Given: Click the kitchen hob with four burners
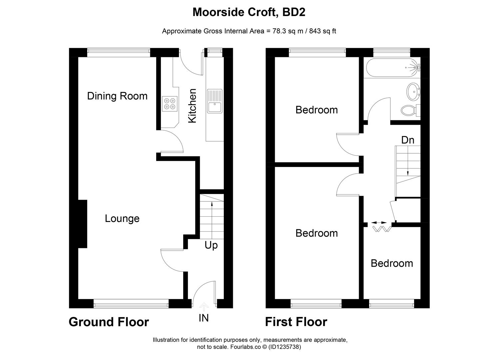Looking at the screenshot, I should pyautogui.click(x=170, y=103).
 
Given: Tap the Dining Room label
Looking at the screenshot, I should pyautogui.click(x=117, y=96).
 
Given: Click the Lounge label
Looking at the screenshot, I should pyautogui.click(x=122, y=219).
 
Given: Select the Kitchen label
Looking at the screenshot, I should pyautogui.click(x=193, y=106).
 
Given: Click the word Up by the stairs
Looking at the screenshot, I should pyautogui.click(x=211, y=245).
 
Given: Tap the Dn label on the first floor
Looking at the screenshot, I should pyautogui.click(x=407, y=140).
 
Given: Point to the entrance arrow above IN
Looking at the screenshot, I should pyautogui.click(x=204, y=306).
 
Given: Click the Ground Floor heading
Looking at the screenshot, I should pyautogui.click(x=109, y=322).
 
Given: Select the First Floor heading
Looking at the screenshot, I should pyautogui.click(x=296, y=322).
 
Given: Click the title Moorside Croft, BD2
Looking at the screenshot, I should pyautogui.click(x=249, y=12).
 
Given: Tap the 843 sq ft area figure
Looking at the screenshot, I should pyautogui.click(x=322, y=31).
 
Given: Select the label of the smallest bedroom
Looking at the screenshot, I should pyautogui.click(x=392, y=263).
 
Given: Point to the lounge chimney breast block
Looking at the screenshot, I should pyautogui.click(x=82, y=224).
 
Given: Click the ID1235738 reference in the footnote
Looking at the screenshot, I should pyautogui.click(x=285, y=347).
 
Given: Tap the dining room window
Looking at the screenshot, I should pyautogui.click(x=119, y=51).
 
